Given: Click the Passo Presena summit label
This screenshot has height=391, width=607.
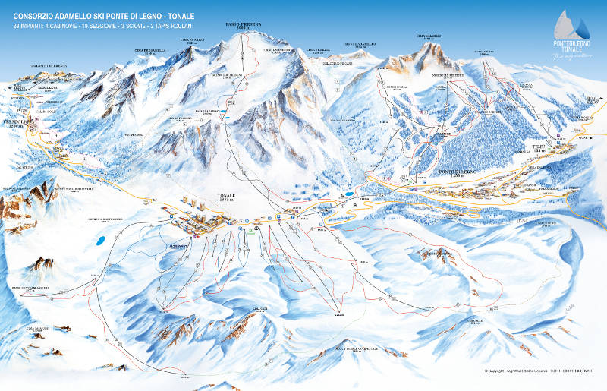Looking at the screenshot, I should click(x=243, y=26).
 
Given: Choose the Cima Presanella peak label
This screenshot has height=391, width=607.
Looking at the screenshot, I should click(x=149, y=51).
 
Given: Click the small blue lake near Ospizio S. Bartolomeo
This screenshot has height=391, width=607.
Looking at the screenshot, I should click(x=99, y=242).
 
